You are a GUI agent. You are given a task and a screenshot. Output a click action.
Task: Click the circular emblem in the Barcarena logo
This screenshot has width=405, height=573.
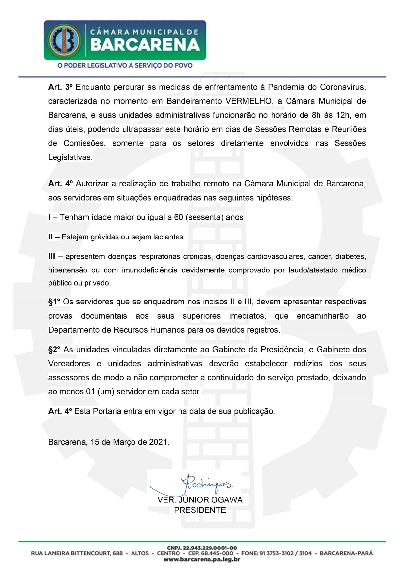tap(64, 40)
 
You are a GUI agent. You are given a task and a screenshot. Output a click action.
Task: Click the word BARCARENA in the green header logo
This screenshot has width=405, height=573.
tap(145, 45)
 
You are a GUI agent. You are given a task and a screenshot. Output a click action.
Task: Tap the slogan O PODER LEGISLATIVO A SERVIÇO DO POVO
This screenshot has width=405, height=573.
tap(125, 65)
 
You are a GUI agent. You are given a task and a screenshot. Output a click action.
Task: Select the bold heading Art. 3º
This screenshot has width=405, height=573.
tap(60, 87)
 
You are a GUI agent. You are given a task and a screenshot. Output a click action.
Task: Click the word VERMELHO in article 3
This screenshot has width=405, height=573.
tap(249, 101)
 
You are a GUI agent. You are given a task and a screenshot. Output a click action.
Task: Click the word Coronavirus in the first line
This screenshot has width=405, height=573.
tap(343, 87)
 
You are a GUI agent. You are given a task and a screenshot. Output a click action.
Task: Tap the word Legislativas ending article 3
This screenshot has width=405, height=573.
tap(70, 157)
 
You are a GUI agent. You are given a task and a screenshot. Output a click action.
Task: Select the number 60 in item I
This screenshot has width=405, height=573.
tap(179, 217)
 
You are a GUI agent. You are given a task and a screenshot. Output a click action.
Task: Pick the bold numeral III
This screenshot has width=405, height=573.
tap(52, 256)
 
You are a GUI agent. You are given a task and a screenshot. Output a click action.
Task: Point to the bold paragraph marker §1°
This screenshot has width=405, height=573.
tap(54, 302)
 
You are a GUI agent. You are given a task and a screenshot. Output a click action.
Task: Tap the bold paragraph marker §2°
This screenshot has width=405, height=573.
tap(54, 350)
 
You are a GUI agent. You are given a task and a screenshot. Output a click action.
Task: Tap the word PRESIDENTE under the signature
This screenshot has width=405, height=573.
tap(200, 510)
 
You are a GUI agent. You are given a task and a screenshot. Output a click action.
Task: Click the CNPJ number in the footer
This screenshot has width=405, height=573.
tap(202, 548)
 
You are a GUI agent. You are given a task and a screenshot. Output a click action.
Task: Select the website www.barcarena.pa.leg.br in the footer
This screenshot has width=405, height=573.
tap(202, 559)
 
